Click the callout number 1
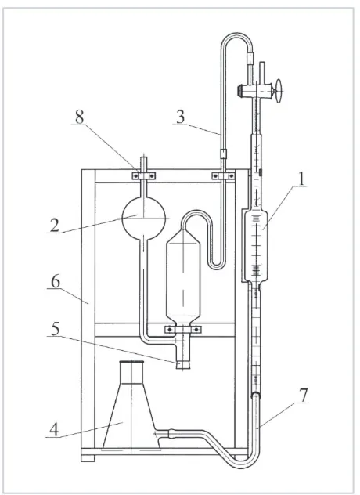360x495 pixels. coord(302,179)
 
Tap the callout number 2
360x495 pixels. coord(54,226)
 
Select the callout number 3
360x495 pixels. coord(180,117)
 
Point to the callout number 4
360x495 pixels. coord(54,430)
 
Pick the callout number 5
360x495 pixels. coord(56,329)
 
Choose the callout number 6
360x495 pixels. coord(56,281)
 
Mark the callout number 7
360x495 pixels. coord(303,396)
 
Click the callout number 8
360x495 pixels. coord(80,117)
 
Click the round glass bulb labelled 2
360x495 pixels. coord(143,219)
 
